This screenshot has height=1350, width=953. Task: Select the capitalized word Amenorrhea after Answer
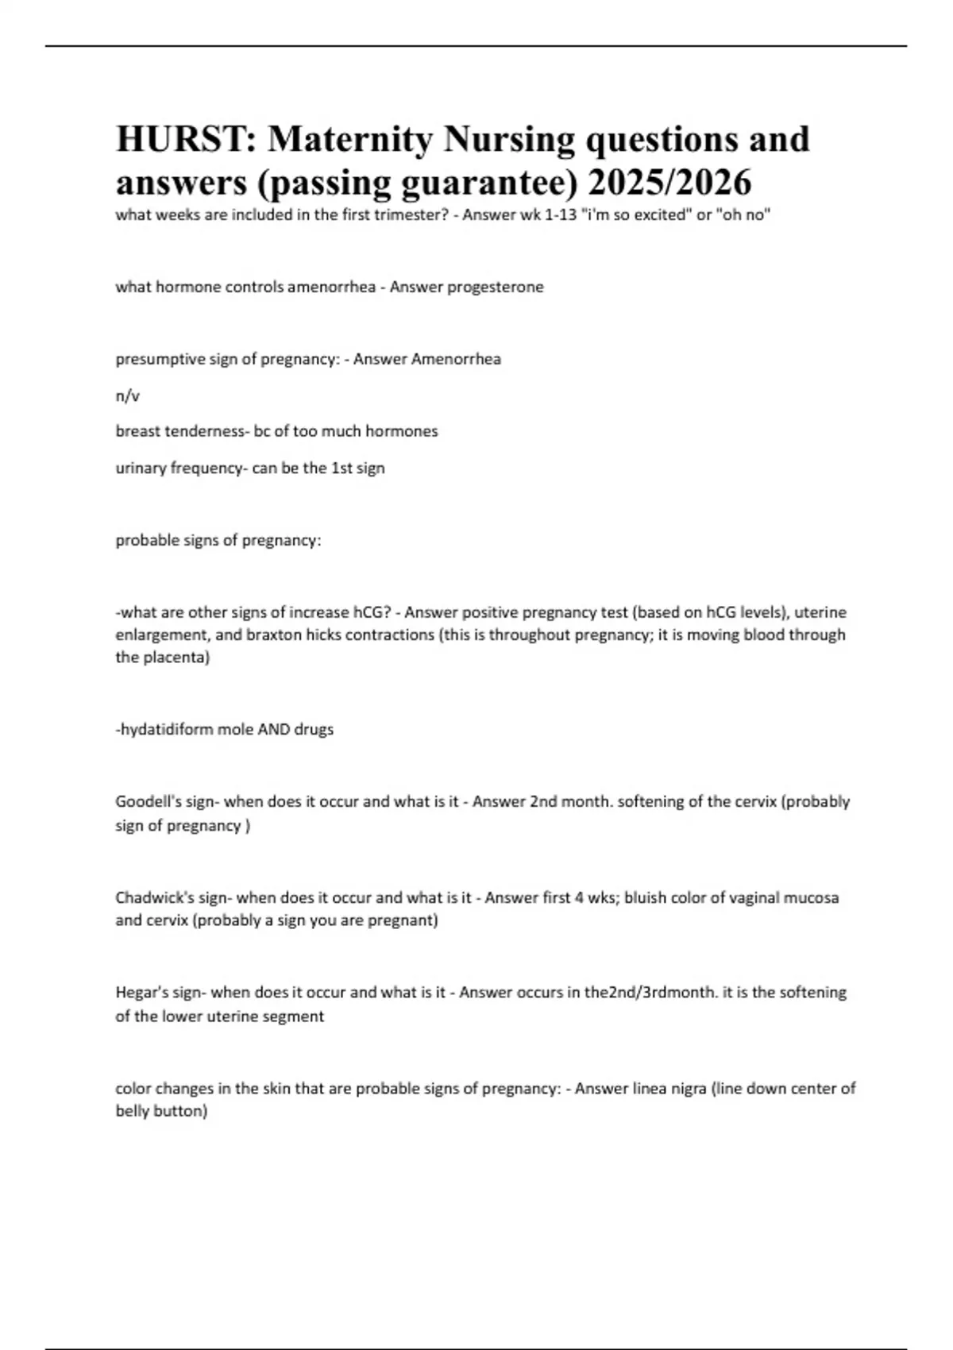coord(456,359)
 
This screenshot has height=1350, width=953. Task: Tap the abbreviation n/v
coord(127,395)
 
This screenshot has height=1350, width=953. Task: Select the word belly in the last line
coord(133,1111)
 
